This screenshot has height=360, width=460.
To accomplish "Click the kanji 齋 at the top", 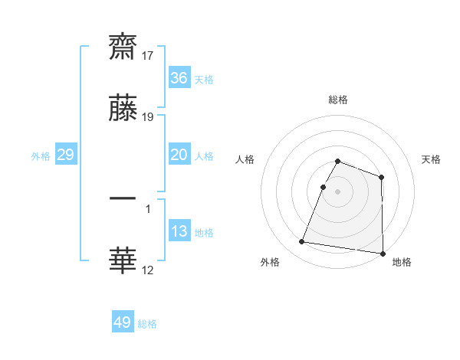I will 123,46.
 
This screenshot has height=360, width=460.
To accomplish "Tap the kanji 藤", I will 123,108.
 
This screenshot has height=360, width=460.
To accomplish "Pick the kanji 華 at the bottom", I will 123,260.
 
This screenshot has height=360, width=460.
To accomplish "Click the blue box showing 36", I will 179,78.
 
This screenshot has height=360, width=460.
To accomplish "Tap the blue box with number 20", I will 179,155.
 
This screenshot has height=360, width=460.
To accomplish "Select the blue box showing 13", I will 179,231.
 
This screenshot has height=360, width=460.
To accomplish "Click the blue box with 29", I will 65,155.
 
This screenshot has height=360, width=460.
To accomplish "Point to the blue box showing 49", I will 123,322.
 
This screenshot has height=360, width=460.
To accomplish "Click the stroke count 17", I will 147,55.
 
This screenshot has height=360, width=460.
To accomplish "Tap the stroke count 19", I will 147,117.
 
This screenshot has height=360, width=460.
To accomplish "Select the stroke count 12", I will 147,270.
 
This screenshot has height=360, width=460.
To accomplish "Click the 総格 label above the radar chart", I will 337,100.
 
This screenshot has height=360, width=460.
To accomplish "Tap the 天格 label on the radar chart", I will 431,159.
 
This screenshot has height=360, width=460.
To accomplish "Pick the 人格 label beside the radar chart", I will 245,159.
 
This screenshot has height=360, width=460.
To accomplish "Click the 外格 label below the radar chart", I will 270,263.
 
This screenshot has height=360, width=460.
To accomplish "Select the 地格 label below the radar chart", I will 402,263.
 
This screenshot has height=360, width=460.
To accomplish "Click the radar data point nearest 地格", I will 383,253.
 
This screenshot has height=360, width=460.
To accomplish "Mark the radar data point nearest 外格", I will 301,242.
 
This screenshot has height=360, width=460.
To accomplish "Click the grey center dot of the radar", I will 337,191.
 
